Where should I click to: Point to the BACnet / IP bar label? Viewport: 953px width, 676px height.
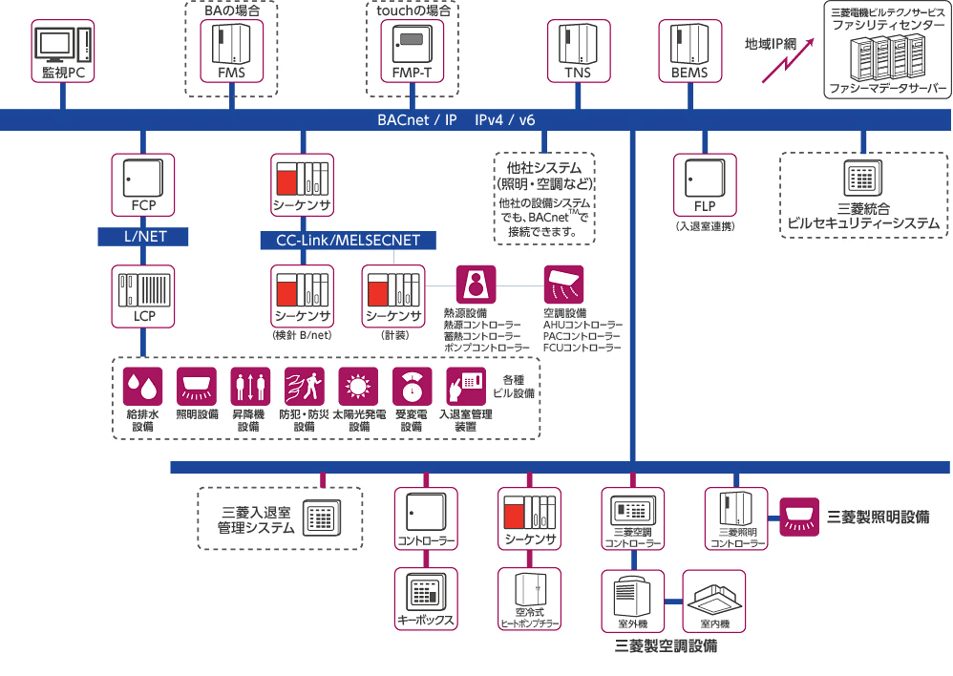click(417, 120)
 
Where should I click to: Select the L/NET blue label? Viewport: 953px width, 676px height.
click(143, 237)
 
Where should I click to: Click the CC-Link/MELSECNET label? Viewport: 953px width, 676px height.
click(348, 241)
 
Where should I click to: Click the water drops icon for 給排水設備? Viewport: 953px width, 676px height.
click(143, 387)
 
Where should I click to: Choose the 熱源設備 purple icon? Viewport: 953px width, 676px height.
click(475, 285)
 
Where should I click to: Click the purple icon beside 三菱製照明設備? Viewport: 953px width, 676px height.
click(799, 517)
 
